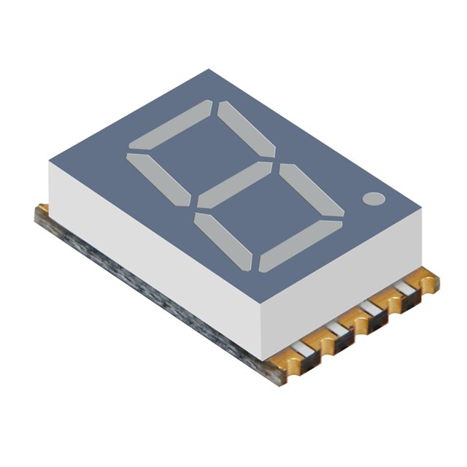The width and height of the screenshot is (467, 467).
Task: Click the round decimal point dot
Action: click(373, 198)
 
